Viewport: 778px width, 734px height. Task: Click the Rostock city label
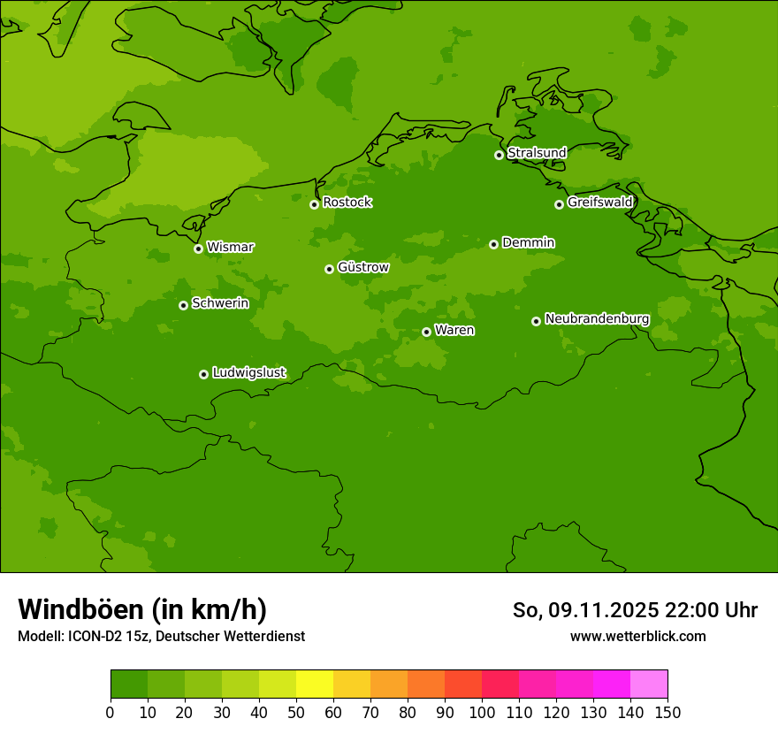click(x=347, y=203)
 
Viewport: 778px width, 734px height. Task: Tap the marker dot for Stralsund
click(x=499, y=155)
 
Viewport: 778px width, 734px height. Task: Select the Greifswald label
click(x=600, y=203)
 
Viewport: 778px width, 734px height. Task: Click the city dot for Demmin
click(x=493, y=244)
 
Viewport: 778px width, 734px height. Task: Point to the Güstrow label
click(x=363, y=267)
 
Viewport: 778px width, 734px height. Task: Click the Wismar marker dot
click(x=198, y=248)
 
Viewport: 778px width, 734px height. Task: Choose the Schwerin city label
click(x=220, y=303)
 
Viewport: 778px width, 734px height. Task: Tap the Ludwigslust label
click(x=249, y=373)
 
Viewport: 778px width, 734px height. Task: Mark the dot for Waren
click(x=426, y=332)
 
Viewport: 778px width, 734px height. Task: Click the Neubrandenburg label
click(x=597, y=319)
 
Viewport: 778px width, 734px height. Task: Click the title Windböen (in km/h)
click(x=142, y=609)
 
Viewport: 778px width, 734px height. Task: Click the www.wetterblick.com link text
click(x=637, y=636)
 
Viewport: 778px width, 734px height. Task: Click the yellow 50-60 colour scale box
click(x=315, y=684)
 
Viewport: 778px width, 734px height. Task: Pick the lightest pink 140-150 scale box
click(x=649, y=684)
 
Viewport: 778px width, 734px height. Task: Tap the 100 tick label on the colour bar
click(x=482, y=713)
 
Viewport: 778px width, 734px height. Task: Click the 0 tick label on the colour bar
click(x=111, y=713)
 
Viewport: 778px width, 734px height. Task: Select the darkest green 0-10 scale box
click(x=129, y=684)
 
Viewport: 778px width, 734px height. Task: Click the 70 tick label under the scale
click(x=370, y=713)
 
